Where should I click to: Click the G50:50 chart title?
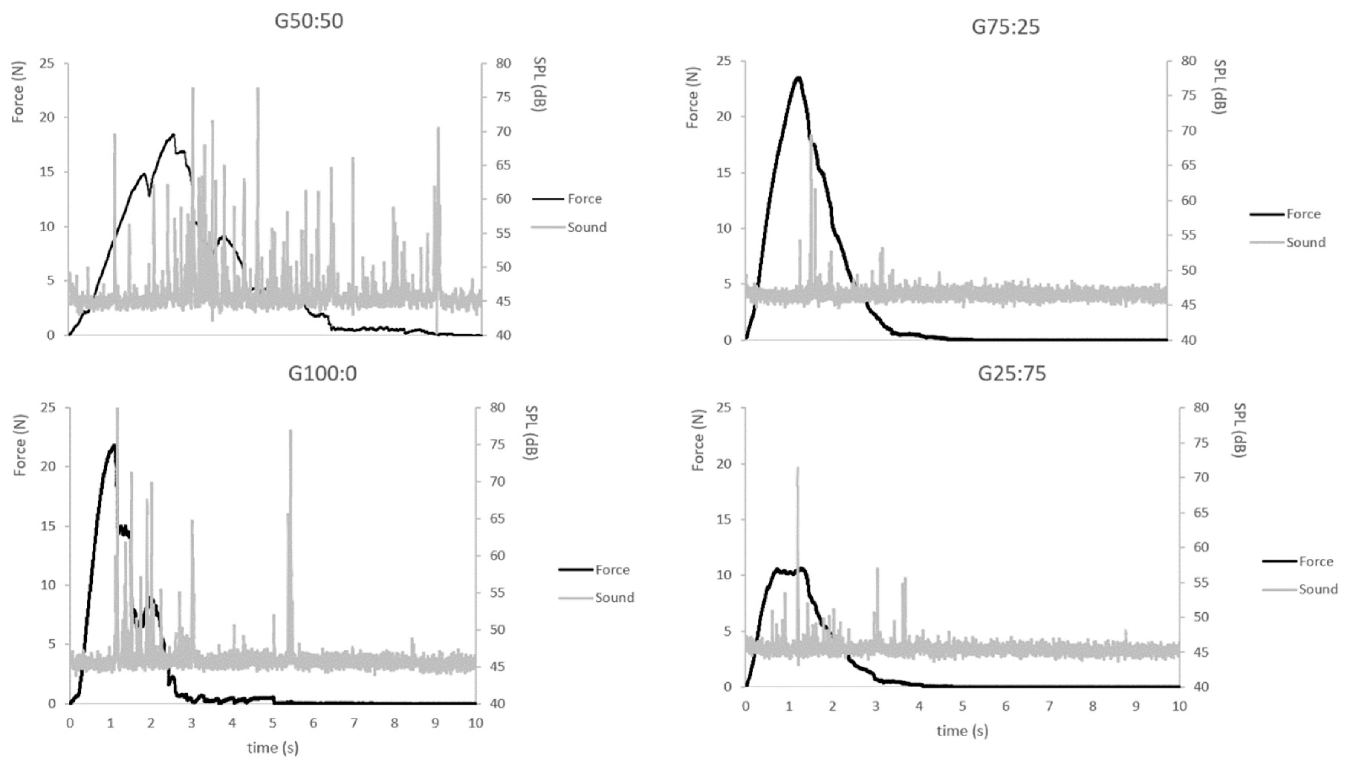(x=309, y=21)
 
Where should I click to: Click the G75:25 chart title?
(x=1005, y=26)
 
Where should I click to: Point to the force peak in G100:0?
(x=113, y=445)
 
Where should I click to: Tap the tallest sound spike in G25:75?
(x=797, y=469)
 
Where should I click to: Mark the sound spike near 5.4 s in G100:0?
(x=290, y=432)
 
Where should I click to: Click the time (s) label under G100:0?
(x=273, y=748)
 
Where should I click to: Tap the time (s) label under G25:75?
(x=962, y=731)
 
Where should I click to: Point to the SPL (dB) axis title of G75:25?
(x=1220, y=87)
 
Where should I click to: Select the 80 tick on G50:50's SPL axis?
(x=503, y=64)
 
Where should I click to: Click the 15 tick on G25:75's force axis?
(x=724, y=520)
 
